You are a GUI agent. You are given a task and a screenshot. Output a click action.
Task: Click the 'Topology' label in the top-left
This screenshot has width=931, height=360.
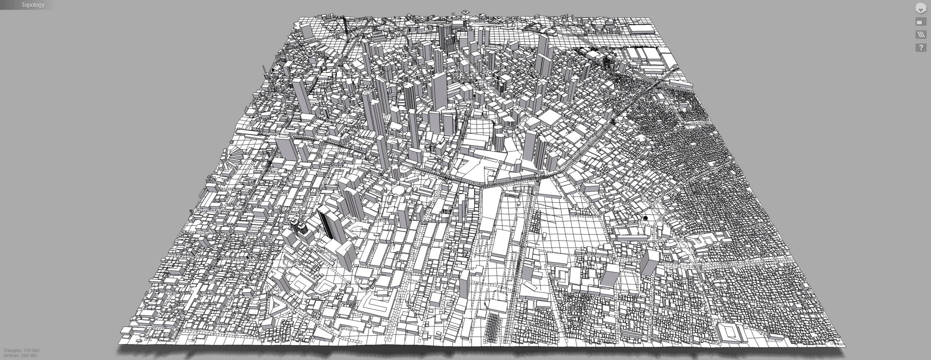(33, 5)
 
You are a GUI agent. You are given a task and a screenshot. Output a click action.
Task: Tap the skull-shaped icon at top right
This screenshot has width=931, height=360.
(920, 8)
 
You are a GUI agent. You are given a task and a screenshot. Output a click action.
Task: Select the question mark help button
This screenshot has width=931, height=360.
(921, 48)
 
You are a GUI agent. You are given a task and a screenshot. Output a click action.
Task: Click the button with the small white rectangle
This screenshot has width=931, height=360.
(920, 22)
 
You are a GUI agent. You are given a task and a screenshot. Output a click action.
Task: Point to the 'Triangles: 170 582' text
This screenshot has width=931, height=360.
(21, 351)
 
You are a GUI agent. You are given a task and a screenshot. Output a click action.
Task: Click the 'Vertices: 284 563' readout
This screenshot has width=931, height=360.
(20, 356)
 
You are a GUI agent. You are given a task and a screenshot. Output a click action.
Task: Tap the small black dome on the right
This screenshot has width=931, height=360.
(645, 218)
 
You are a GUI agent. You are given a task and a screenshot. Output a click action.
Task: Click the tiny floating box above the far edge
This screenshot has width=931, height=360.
(465, 12)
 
